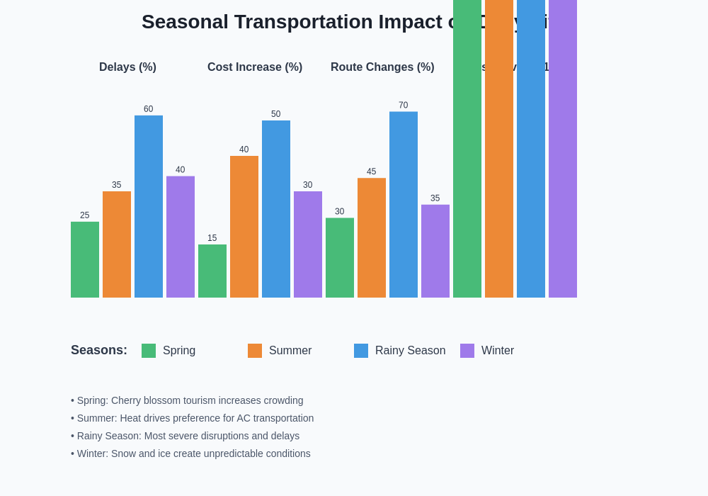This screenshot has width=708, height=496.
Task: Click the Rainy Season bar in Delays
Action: coord(149,206)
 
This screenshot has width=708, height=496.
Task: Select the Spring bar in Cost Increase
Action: coord(212,271)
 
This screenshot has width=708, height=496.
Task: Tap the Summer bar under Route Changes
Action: coord(372,237)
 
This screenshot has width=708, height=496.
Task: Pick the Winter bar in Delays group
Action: coord(181,237)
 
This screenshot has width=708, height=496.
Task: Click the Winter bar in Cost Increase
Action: coord(308,244)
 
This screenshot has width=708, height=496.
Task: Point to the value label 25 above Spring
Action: coord(85,215)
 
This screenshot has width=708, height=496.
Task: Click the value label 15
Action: coord(212,238)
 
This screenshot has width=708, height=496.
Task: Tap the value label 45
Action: coord(372,171)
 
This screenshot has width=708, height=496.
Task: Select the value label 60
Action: coord(149,109)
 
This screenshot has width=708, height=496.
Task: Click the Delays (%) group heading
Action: coord(127,67)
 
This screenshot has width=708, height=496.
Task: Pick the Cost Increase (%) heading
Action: coord(255,67)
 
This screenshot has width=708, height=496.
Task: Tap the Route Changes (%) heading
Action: coord(382,67)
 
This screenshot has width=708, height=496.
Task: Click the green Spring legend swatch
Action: coord(149,351)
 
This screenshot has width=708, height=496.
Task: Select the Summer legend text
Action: coord(290,351)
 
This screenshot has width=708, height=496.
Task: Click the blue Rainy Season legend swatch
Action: coord(361,351)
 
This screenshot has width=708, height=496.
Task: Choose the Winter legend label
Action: coord(498,351)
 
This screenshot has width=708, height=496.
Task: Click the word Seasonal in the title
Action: coord(185,22)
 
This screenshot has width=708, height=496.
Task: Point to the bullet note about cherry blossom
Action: coord(187,400)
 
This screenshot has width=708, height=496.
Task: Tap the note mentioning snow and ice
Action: coord(190,453)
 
